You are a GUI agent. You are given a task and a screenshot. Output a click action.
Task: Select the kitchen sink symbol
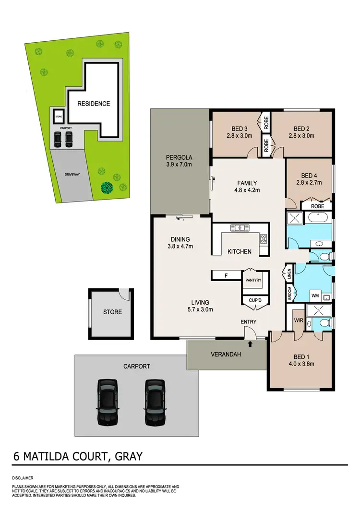(238, 227)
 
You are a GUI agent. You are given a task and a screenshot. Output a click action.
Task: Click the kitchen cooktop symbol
(263, 237)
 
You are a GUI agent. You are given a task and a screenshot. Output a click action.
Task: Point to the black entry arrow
(250, 343)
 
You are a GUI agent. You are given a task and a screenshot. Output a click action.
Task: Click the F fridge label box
(226, 275)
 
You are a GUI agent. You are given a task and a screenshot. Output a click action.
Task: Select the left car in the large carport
(108, 402)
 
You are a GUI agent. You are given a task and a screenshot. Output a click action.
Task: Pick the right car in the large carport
(155, 402)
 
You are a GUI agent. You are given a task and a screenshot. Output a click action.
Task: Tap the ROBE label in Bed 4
(317, 206)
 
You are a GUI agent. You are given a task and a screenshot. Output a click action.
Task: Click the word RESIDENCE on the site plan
(94, 104)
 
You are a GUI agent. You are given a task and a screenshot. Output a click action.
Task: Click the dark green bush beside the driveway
(107, 187)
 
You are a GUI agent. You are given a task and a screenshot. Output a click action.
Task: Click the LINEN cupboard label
(289, 274)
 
